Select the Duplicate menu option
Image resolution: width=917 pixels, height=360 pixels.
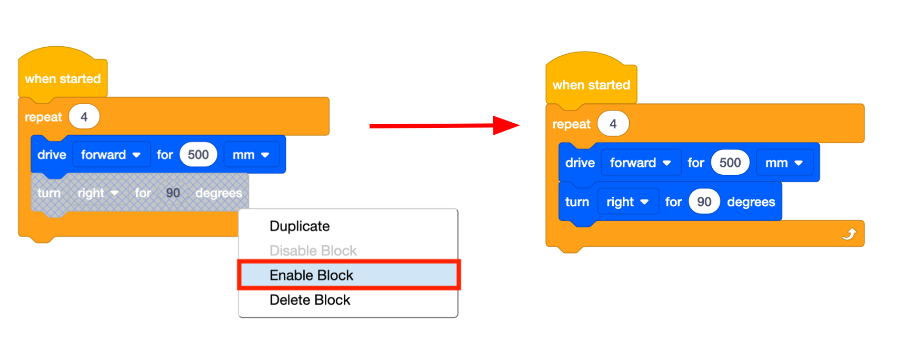coord(300,226)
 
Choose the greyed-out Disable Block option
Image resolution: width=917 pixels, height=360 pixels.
coord(313,251)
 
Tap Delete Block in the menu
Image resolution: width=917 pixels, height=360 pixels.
coord(310,300)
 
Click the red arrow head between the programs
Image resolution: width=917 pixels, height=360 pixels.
coord(505,125)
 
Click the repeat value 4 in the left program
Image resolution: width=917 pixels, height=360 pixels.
coord(84,117)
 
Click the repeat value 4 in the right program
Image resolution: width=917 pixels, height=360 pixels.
coord(613,124)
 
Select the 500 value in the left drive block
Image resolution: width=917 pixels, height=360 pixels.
coord(198,155)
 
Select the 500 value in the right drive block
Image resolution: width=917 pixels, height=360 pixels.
coord(730,163)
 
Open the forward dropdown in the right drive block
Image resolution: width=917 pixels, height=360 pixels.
coord(641,163)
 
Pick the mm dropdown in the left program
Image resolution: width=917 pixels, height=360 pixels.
coord(251,155)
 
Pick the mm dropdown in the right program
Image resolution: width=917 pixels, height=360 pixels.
coord(784,163)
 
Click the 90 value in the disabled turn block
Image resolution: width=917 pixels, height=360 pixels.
coord(173,193)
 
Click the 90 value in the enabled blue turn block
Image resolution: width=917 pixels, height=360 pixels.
coord(704,202)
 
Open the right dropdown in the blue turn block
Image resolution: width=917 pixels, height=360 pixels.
coord(627,202)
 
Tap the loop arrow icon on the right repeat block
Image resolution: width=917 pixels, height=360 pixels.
coord(849,234)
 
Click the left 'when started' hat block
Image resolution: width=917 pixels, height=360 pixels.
coord(63,78)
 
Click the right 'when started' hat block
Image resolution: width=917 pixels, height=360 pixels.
coord(591,85)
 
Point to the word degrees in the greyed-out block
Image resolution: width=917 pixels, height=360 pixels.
coord(218,193)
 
